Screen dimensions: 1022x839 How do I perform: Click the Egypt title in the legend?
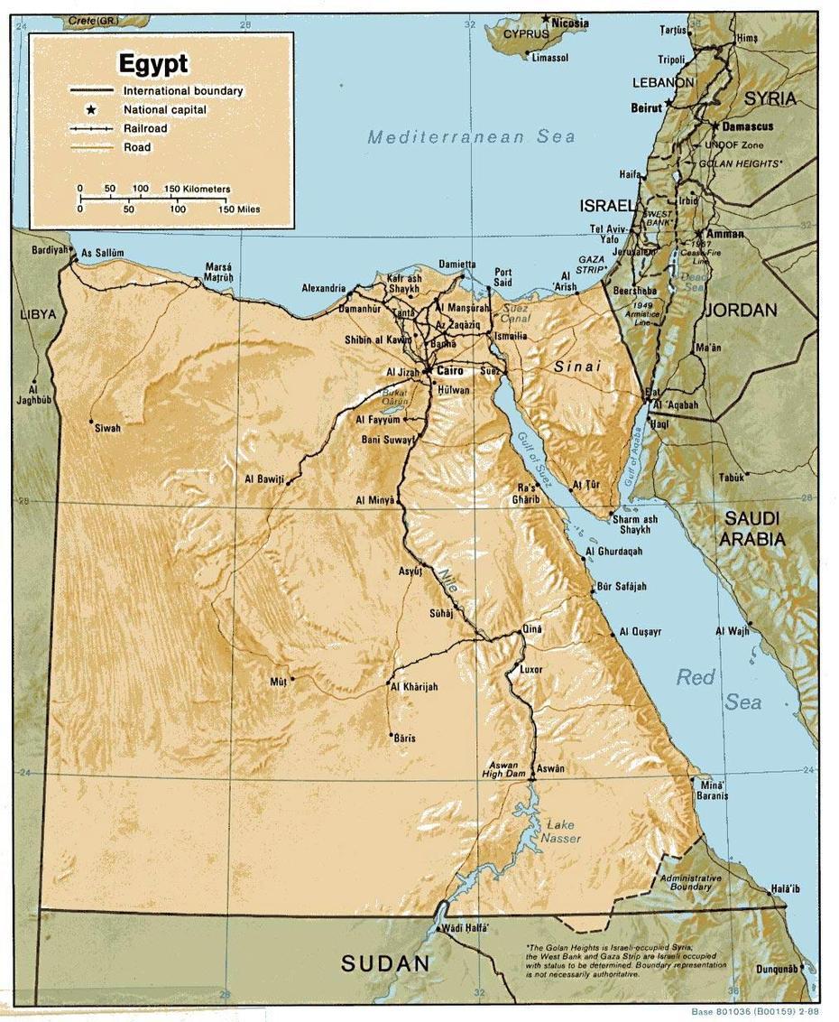pos(153,64)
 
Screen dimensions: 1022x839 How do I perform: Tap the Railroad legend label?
pos(145,128)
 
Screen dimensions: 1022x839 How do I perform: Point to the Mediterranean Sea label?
pos(471,137)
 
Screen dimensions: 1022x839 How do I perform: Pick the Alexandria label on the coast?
pos(324,289)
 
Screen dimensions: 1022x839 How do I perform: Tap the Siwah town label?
pos(107,428)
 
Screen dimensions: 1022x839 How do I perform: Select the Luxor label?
pos(530,670)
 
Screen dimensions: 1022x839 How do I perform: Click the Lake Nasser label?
pos(560,832)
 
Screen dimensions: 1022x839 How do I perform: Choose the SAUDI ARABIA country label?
pos(751,529)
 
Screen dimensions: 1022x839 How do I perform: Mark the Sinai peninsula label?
pos(576,367)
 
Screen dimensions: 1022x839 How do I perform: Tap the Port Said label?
pos(502,277)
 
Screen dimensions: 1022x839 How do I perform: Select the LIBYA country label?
pos(38,314)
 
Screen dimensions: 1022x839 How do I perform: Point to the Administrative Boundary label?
pos(690,882)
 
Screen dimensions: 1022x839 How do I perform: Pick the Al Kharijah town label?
pos(415,687)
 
